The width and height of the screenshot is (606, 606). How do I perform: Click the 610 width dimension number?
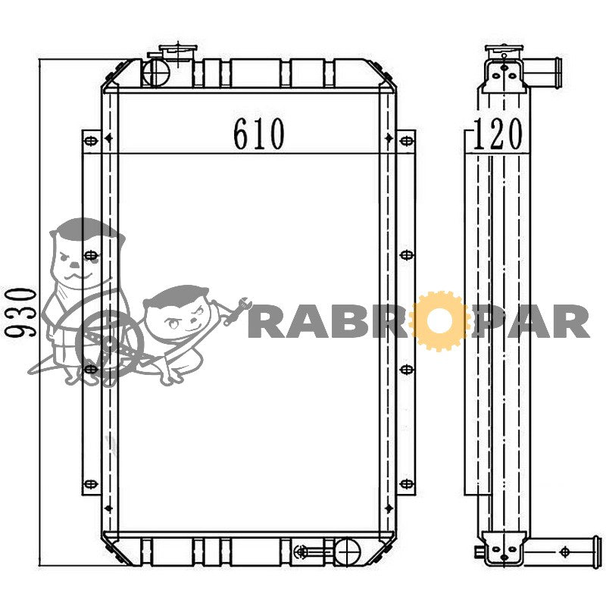259,134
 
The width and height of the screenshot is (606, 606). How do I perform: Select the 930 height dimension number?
21,312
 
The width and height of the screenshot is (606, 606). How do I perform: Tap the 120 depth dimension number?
498,134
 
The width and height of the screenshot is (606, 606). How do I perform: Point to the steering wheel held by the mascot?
109,343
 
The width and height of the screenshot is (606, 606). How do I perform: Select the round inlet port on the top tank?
156,72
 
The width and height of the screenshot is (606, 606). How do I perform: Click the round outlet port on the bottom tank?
347,551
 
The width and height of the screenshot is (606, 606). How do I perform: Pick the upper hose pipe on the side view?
542,73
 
